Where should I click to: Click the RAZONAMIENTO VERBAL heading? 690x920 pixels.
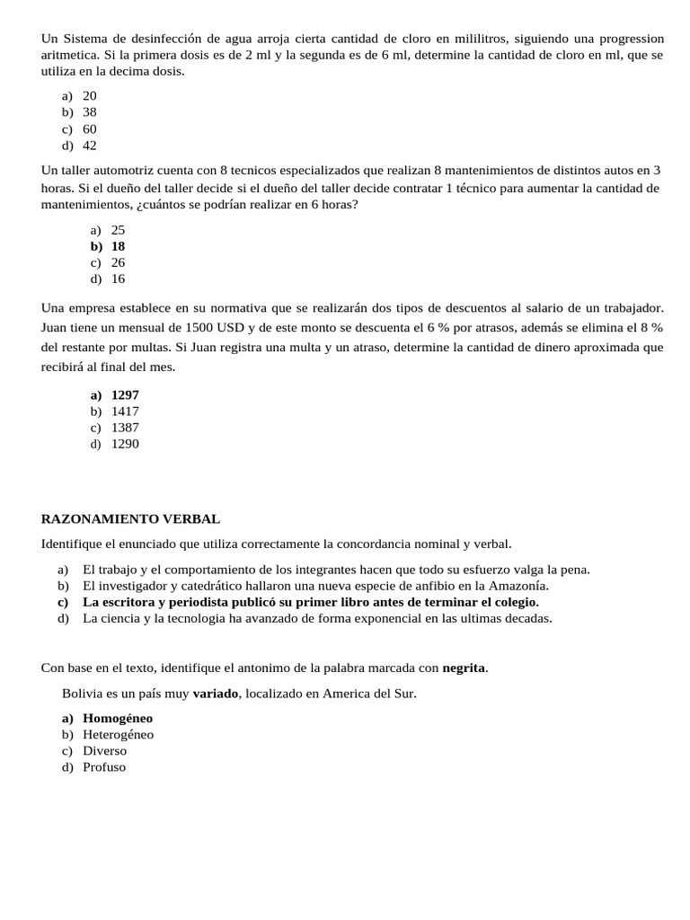click(x=130, y=519)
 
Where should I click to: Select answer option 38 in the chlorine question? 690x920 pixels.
click(x=90, y=112)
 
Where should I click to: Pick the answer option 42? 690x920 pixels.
click(x=90, y=146)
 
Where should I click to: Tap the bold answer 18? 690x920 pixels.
click(x=118, y=246)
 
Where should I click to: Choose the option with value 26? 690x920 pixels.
click(x=118, y=262)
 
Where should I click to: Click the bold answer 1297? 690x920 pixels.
click(x=125, y=394)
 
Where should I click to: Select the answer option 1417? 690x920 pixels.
click(x=125, y=411)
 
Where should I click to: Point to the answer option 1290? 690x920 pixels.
click(x=125, y=444)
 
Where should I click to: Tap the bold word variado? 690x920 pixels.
click(x=216, y=694)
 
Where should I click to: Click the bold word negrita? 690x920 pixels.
click(x=464, y=668)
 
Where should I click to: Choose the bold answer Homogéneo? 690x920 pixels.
click(x=118, y=718)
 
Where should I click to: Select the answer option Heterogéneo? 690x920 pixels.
click(x=118, y=734)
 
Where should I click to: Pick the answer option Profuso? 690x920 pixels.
click(x=104, y=767)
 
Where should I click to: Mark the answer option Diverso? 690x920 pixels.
click(x=104, y=750)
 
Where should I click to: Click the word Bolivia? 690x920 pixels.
click(x=82, y=694)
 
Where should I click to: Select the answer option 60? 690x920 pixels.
click(x=90, y=129)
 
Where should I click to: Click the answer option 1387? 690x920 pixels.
click(x=125, y=428)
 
